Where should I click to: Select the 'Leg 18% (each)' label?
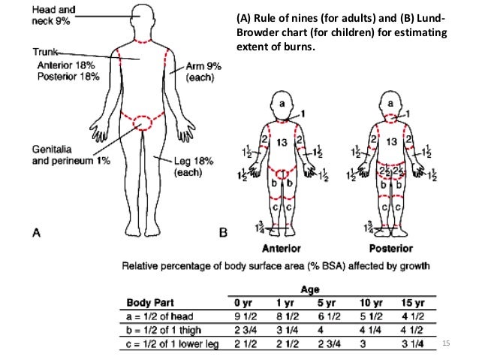tap(174, 166)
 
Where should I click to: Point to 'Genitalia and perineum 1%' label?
tap(61, 154)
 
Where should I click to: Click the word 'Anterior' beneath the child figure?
tap(282, 249)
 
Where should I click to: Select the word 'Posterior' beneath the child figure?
tap(392, 249)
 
